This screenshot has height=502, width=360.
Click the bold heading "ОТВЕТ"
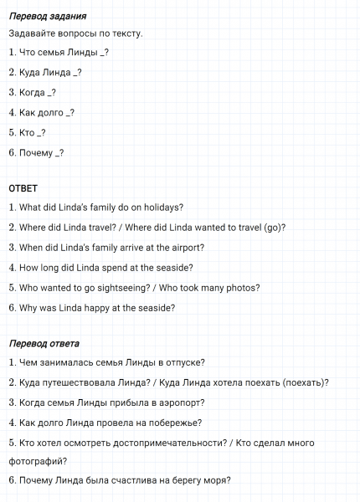[x=23, y=188]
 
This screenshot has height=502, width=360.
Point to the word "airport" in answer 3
[x=186, y=248]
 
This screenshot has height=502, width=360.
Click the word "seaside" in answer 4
[x=171, y=268]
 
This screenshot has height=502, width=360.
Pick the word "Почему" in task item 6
[x=35, y=152]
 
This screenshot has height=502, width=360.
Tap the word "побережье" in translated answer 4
[x=174, y=423]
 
